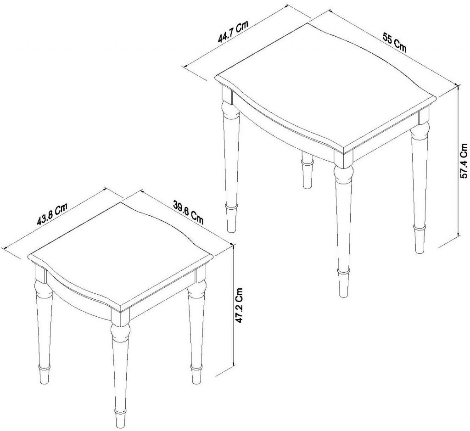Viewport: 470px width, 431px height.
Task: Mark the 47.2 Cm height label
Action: point(239,306)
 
